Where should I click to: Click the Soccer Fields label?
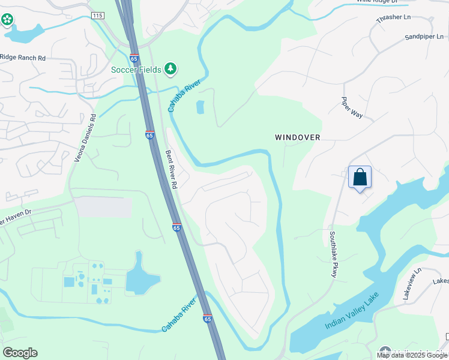coord(137,69)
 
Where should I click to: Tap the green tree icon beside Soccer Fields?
coord(171,69)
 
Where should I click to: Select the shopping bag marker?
coord(360,178)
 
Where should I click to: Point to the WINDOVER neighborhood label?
coord(298,137)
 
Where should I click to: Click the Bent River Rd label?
coord(171,170)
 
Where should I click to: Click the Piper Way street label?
coord(352,108)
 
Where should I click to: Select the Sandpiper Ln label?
coord(425,37)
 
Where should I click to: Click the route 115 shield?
coord(97,15)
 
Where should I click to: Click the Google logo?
coord(20,352)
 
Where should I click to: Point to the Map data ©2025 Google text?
coord(412,355)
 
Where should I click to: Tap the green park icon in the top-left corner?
coord(7,20)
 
